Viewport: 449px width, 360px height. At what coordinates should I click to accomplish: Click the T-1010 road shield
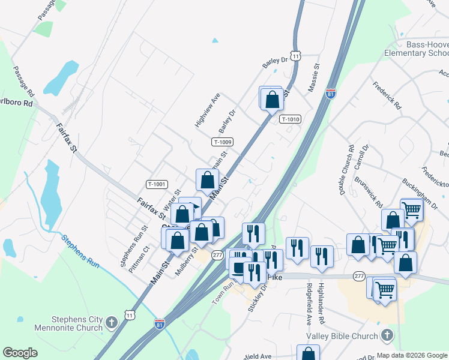[x=289, y=119]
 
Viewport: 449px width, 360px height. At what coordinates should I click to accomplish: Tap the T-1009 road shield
[x=222, y=142]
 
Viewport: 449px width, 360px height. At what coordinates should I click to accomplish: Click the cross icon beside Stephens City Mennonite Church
[x=111, y=324]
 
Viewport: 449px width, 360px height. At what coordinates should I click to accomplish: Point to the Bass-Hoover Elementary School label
[x=417, y=49]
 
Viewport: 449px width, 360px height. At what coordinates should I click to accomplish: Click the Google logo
[x=20, y=353]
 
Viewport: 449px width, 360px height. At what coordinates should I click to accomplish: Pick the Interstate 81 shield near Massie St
[x=330, y=94]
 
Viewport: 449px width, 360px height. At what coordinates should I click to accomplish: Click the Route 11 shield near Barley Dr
[x=295, y=55]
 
